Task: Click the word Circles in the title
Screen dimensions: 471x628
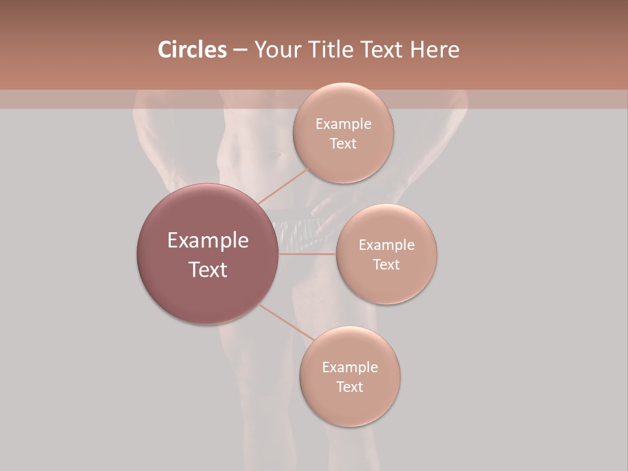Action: [x=192, y=50]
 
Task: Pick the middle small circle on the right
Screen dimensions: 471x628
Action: [x=387, y=285]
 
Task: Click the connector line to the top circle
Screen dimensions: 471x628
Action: [x=283, y=186]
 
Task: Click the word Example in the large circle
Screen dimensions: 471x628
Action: [x=208, y=241]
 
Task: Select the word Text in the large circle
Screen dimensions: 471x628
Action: [x=208, y=270]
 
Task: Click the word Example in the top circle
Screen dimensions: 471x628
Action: [x=343, y=124]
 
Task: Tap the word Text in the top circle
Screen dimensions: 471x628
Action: [x=343, y=144]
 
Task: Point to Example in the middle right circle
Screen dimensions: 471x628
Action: [x=387, y=245]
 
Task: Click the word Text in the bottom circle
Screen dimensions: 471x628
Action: [x=350, y=387]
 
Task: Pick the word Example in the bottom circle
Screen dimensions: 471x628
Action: [x=350, y=367]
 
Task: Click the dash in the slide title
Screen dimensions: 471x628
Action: [x=240, y=50]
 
